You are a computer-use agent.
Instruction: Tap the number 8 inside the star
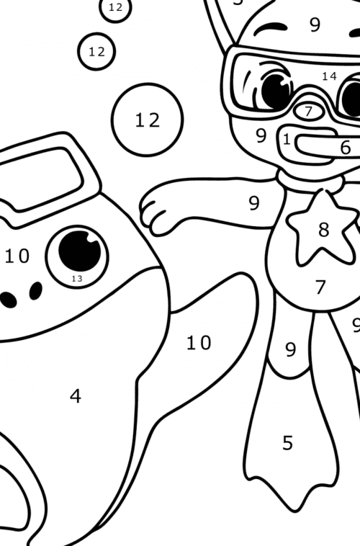(x=323, y=230)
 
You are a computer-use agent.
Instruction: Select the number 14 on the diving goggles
(x=329, y=76)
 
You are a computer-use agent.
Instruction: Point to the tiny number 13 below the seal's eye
(x=77, y=278)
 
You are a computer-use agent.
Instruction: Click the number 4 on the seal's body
(x=76, y=395)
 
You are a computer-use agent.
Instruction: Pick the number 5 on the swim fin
(x=288, y=443)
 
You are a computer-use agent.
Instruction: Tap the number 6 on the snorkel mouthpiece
(x=346, y=147)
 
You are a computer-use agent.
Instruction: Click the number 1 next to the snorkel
(x=287, y=139)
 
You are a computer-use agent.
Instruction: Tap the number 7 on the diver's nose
(x=309, y=112)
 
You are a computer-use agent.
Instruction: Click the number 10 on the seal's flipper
(x=199, y=343)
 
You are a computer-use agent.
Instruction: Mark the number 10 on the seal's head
(x=17, y=255)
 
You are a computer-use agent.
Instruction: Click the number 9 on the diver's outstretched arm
(x=254, y=203)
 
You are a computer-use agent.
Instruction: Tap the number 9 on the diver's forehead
(x=315, y=25)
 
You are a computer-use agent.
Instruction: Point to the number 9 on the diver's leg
(x=290, y=350)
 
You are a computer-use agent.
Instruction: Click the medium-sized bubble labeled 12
(x=96, y=52)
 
